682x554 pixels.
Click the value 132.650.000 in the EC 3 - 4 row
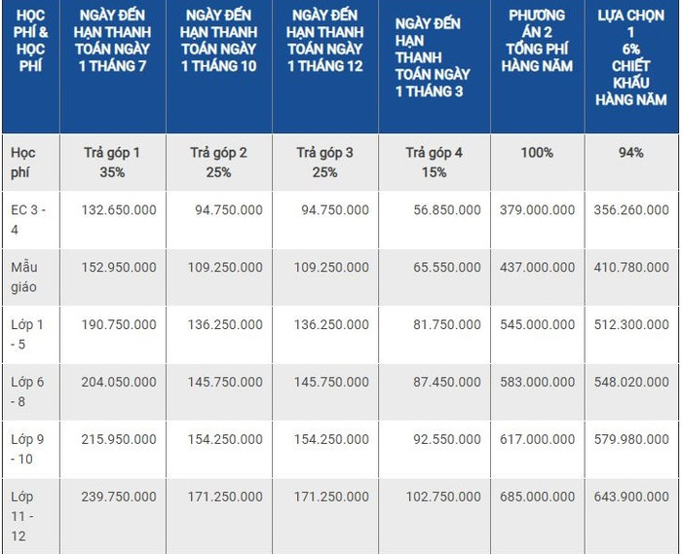pos(118,209)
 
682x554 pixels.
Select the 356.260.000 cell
pos(632,209)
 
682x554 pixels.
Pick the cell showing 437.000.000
pos(537,267)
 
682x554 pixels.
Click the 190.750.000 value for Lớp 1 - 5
pos(118,324)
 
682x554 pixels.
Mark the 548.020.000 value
pos(632,382)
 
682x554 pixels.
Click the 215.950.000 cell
pos(118,439)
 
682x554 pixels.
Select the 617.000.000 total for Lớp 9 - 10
pos(537,439)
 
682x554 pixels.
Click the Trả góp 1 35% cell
pos(113,162)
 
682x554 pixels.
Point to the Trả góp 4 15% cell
pos(435,162)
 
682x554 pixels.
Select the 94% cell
pos(631,153)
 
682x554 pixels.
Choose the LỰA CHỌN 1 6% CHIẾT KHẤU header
pos(631,57)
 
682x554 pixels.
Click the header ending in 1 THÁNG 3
pos(434,57)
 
